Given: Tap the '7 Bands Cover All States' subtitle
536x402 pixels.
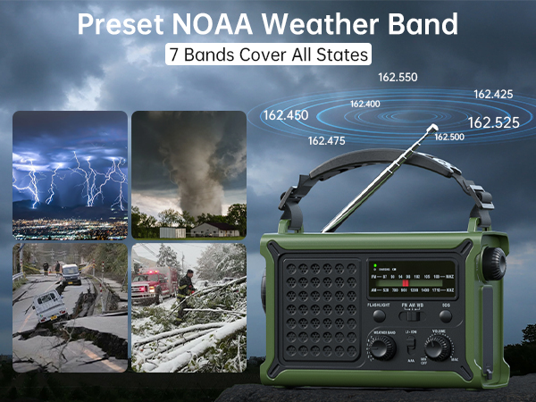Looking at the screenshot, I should click(268, 54).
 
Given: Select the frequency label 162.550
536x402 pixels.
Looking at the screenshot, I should click(398, 78).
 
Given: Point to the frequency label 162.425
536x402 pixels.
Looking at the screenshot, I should click(493, 94).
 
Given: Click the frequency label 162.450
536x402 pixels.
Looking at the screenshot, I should click(285, 115).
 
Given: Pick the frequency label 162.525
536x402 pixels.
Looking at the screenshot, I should click(493, 122).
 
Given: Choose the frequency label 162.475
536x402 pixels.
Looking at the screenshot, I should click(326, 141).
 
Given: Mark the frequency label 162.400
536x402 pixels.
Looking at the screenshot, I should click(364, 105).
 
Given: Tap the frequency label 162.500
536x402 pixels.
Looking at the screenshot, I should click(448, 137).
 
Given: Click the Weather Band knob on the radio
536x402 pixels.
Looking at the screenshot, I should click(381, 347).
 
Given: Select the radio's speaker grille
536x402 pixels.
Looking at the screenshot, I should click(317, 306).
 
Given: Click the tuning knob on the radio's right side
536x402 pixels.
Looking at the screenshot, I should click(494, 264).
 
